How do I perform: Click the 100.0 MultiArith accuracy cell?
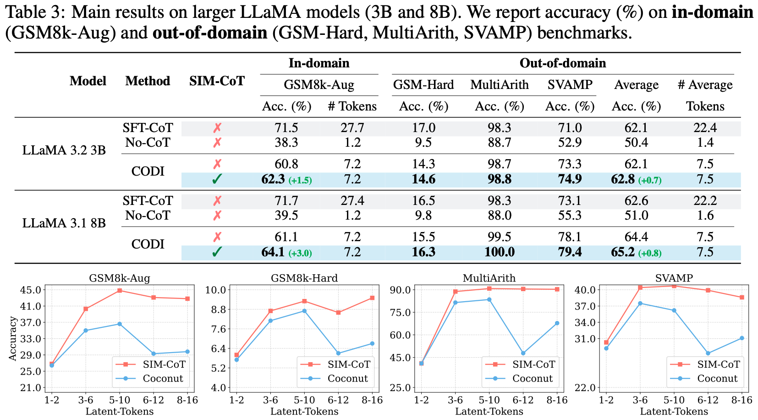coord(499,252)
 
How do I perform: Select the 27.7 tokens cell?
coord(352,127)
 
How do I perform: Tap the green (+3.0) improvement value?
coord(300,253)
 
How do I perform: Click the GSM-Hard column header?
coord(423,84)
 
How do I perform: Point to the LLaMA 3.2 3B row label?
coord(64,150)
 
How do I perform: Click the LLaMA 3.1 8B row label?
coord(64,223)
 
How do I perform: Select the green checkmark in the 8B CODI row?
coord(217,252)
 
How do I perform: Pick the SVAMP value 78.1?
coord(570,237)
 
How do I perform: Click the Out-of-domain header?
coord(563,63)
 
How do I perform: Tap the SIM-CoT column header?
coord(217,81)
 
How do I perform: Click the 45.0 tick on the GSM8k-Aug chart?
coord(30,290)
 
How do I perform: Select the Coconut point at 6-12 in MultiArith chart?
coord(523,353)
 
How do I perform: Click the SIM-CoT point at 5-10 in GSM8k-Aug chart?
coord(120,290)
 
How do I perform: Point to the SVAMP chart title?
coord(674,278)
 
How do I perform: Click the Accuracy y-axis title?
coord(12,338)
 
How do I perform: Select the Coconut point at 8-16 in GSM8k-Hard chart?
coord(372,343)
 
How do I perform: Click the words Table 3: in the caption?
coord(35,12)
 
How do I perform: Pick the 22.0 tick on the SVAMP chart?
coord(585,388)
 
